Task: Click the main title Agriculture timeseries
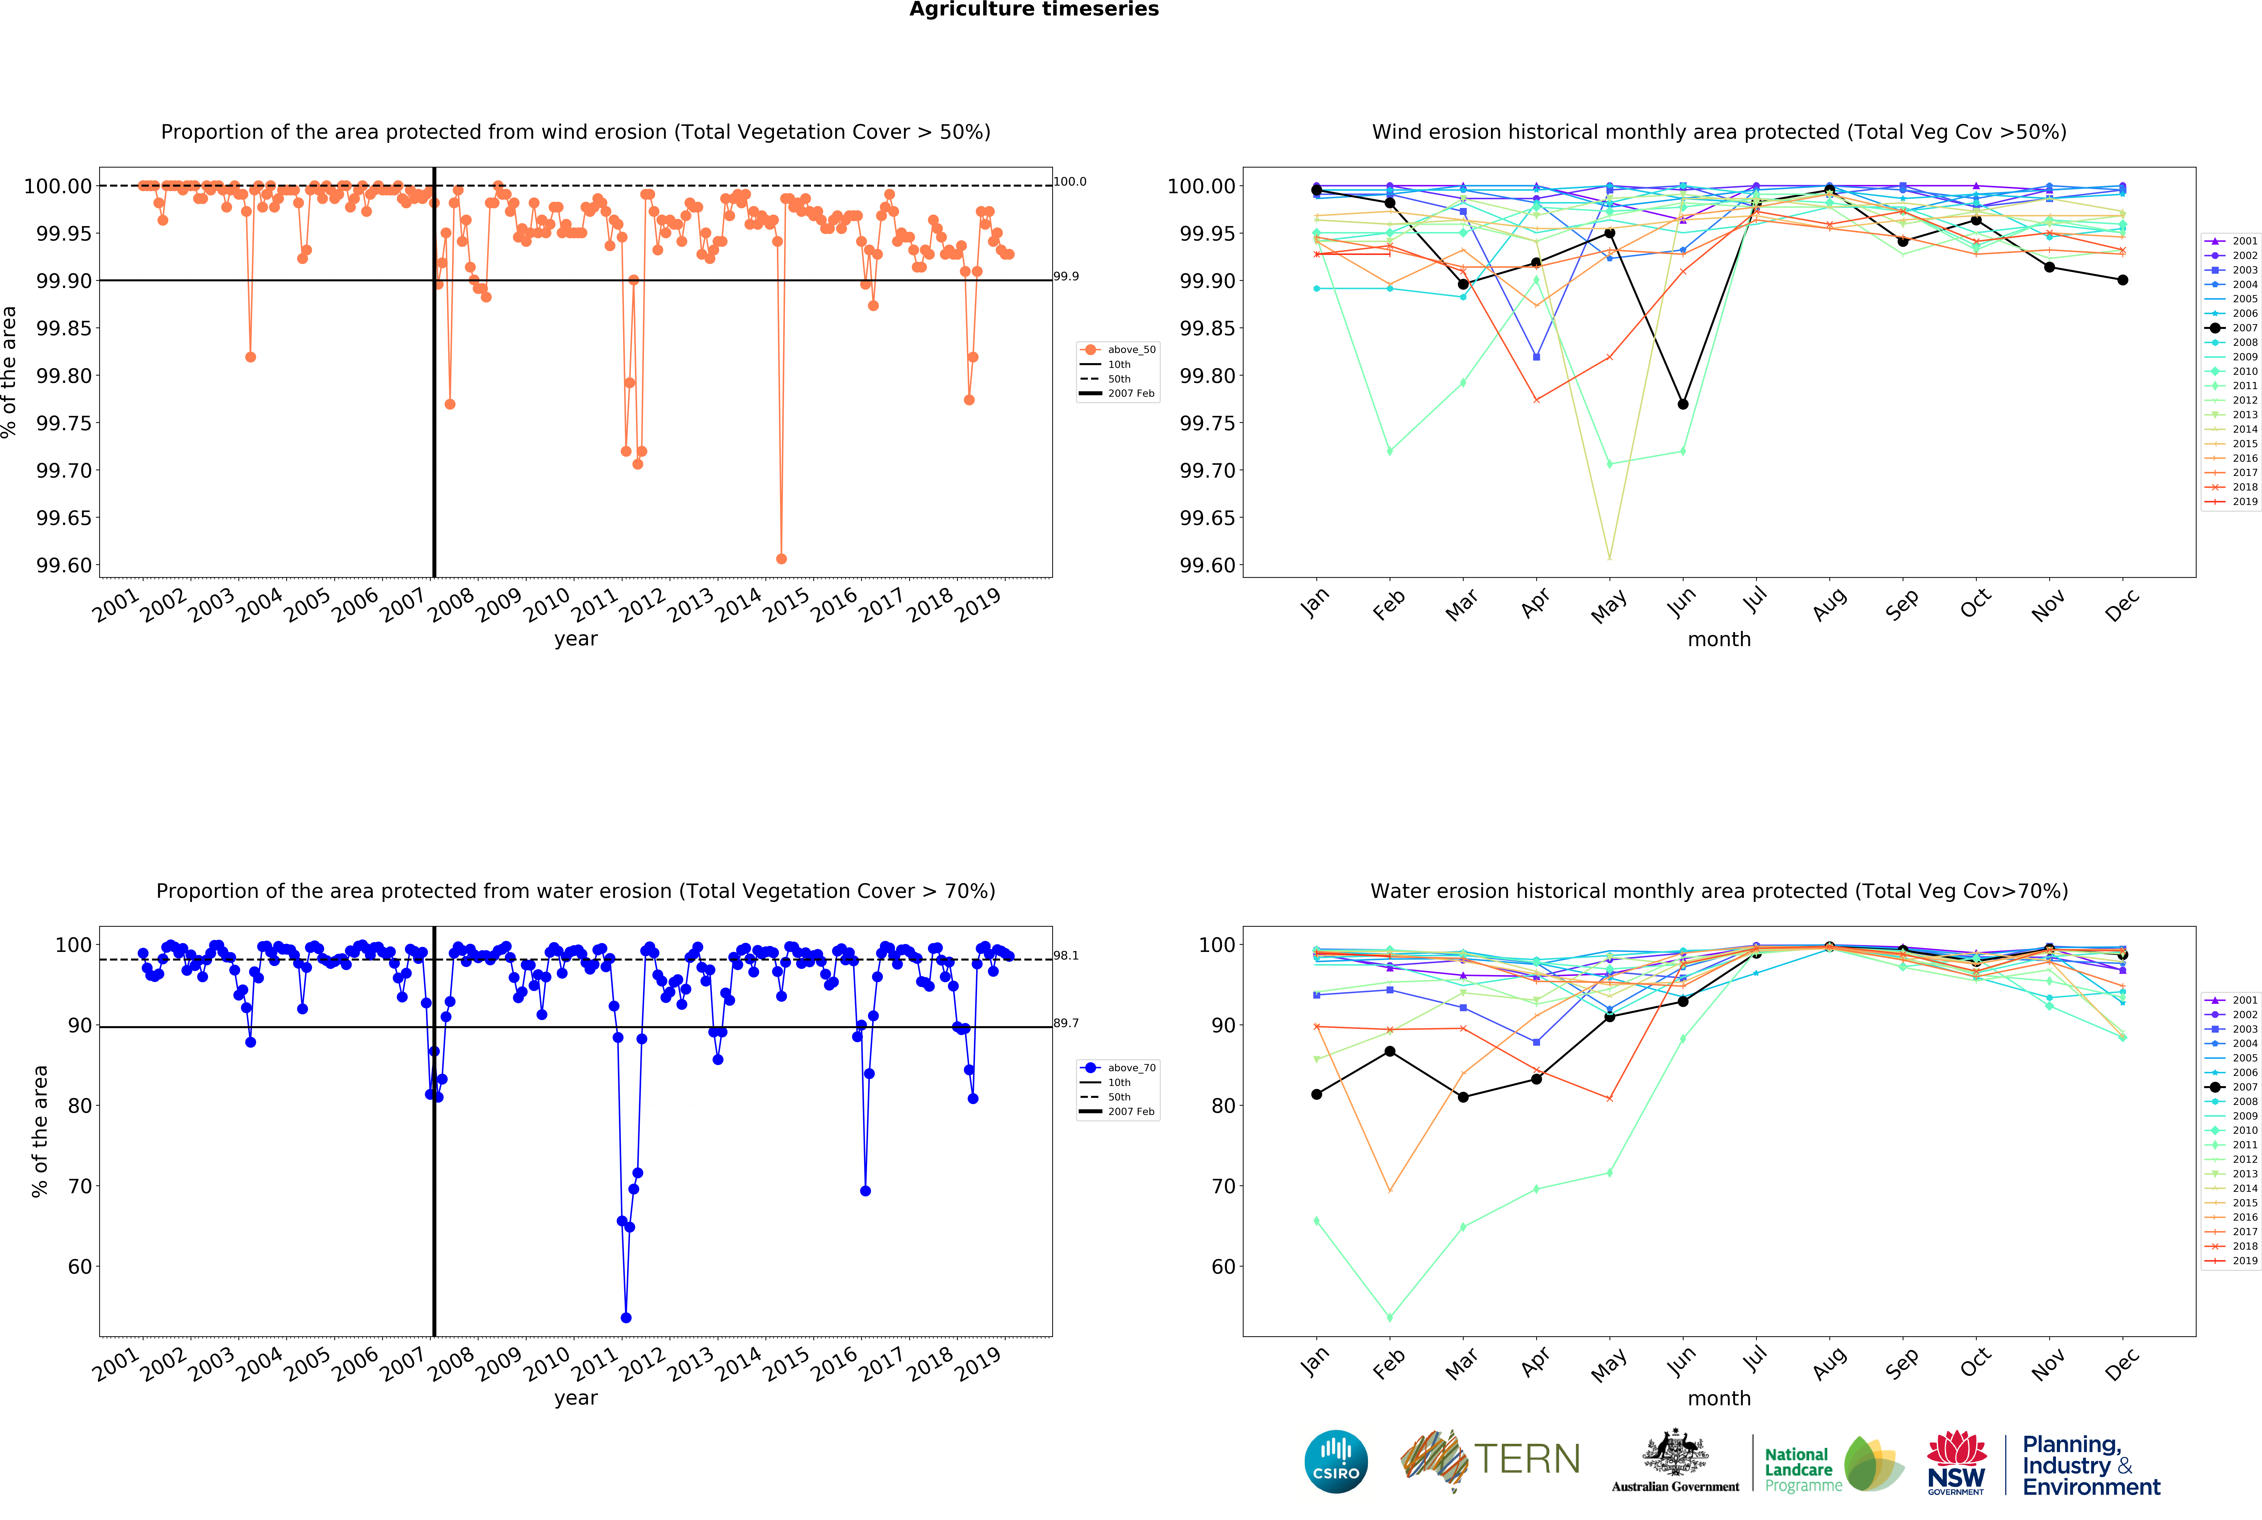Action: [1033, 10]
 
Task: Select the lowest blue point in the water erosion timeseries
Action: [626, 1317]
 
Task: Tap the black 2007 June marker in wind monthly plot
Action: [1682, 404]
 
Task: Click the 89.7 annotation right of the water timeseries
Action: [1066, 1023]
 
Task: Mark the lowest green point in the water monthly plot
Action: [1390, 1317]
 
